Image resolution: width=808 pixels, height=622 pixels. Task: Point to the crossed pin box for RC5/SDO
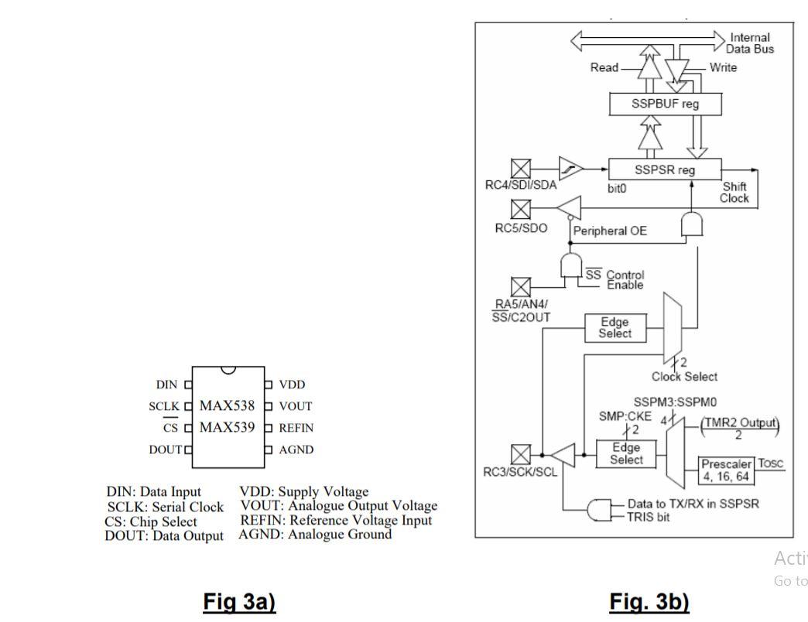[x=522, y=209]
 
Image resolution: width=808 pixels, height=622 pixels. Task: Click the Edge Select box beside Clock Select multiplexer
[x=615, y=327]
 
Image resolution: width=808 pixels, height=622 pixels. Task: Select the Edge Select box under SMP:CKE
[x=626, y=454]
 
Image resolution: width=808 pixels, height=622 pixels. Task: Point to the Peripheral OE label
[x=610, y=231]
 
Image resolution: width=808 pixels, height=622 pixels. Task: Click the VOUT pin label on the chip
[x=295, y=406]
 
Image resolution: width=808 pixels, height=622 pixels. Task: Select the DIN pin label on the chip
[x=166, y=384]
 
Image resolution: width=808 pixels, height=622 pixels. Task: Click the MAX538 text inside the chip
[x=227, y=406]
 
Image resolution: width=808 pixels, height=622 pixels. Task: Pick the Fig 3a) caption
[x=239, y=602]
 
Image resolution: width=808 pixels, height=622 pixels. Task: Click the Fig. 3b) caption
[x=649, y=602]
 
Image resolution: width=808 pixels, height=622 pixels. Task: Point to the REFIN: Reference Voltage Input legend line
[x=336, y=520]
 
